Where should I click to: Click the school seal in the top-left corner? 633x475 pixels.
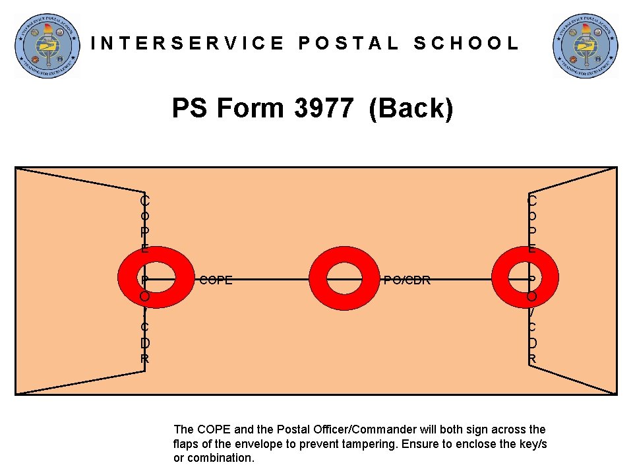pyautogui.click(x=47, y=45)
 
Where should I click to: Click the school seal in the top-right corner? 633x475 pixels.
pyautogui.click(x=585, y=45)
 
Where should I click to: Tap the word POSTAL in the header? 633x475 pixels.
pyautogui.click(x=349, y=44)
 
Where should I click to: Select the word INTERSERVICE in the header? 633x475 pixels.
pyautogui.click(x=188, y=44)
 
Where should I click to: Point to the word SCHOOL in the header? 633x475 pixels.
pyautogui.click(x=466, y=44)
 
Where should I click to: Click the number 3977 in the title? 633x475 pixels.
pyautogui.click(x=323, y=108)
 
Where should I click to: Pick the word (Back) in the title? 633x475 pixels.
pyautogui.click(x=411, y=108)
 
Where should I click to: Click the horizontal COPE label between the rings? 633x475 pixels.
pyautogui.click(x=216, y=280)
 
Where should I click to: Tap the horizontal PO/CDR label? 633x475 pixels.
pyautogui.click(x=407, y=280)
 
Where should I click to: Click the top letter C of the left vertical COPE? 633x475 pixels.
pyautogui.click(x=144, y=199)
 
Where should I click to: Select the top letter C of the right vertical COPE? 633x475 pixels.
pyautogui.click(x=532, y=199)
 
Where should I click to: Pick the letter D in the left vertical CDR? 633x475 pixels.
pyautogui.click(x=144, y=344)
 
